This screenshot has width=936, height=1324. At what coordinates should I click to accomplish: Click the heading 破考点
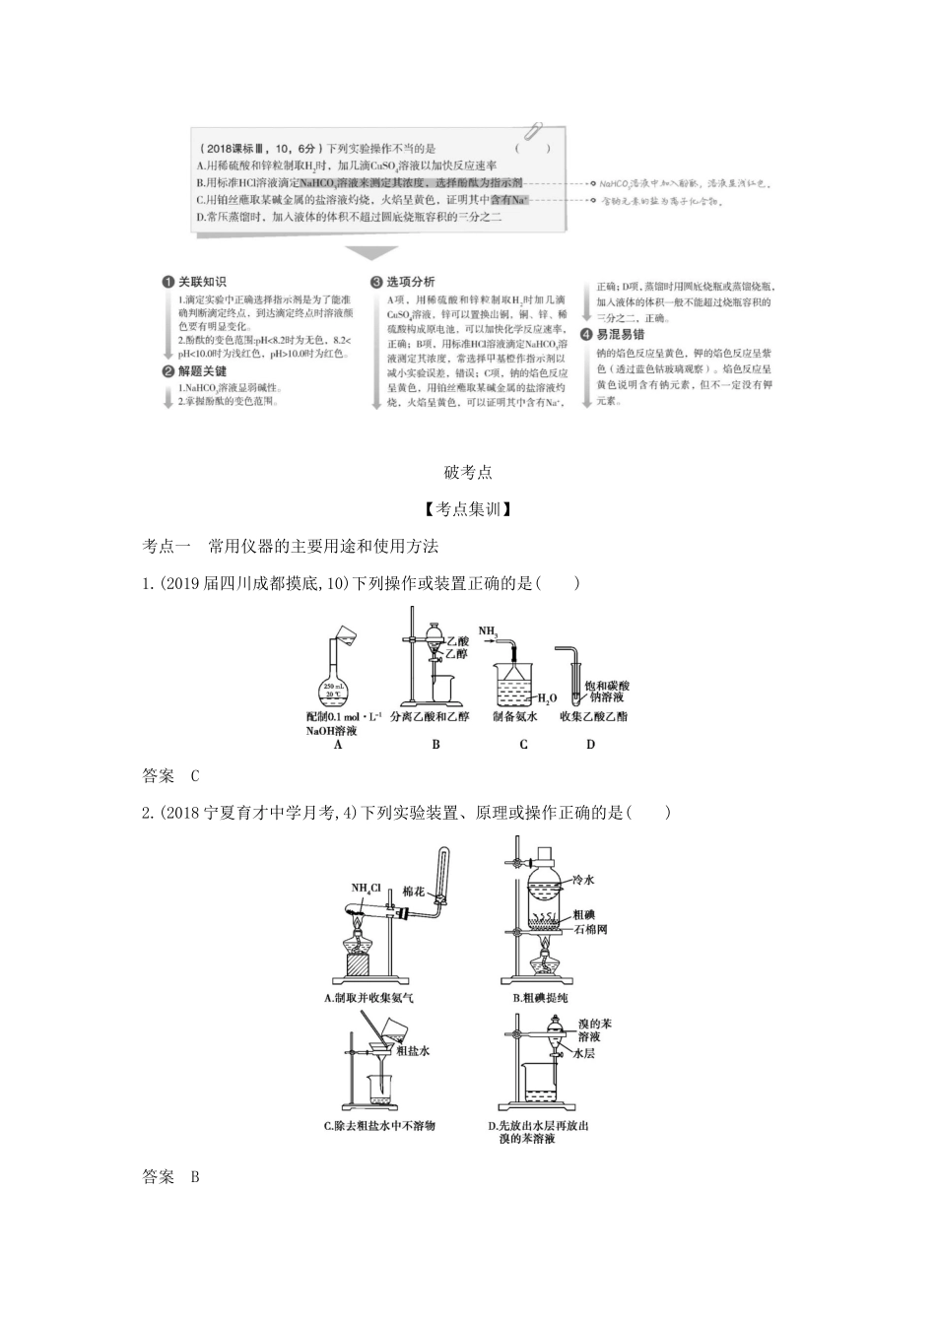tap(468, 472)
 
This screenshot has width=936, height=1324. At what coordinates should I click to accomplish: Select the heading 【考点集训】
tap(468, 509)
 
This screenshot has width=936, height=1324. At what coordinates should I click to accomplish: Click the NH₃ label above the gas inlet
tap(490, 629)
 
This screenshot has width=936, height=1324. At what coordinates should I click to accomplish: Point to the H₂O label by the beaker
tap(547, 697)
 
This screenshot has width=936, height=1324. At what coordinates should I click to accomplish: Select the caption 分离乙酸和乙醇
tap(435, 717)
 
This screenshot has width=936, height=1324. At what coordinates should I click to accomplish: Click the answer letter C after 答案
tap(195, 776)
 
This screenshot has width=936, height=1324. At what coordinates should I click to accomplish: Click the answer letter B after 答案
tap(195, 1176)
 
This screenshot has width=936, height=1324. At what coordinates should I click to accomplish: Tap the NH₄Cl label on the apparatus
tap(367, 887)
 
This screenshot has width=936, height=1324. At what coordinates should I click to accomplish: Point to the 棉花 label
tap(414, 892)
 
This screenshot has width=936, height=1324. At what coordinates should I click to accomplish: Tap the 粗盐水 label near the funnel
tap(413, 1051)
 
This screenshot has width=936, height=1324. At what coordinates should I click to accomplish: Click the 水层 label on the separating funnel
tap(584, 1053)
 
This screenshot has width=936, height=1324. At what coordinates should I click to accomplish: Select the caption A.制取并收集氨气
tap(369, 998)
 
